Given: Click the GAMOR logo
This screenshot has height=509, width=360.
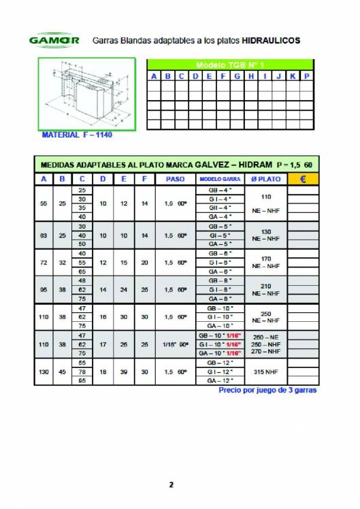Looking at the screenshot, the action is coord(54,40).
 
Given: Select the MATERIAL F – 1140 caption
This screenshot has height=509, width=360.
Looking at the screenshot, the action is coord(77,135).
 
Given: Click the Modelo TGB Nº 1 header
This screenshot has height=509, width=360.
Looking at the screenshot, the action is coord(230,64).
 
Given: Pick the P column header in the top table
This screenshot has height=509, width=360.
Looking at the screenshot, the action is coord(307,76).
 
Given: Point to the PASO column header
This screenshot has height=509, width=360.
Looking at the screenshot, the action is coord(175,179).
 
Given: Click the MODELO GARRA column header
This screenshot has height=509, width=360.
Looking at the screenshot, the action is coord(220,179).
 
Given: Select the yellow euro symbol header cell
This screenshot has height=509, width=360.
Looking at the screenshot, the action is coord(301,179).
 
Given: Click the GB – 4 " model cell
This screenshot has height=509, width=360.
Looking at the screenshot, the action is coord(220,190).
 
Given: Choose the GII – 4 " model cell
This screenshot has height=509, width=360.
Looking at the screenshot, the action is coord(220,208).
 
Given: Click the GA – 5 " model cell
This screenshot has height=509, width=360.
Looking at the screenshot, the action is coord(220,243).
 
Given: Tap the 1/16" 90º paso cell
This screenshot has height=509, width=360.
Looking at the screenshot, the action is coord(175,345).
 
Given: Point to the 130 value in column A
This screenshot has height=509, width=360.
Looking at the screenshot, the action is coord(44,372).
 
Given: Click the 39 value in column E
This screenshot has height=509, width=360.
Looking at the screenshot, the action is coord(124,372).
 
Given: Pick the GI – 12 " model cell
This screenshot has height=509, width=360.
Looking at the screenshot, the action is coord(220,372).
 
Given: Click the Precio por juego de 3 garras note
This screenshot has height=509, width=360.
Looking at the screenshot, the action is coord(267,391).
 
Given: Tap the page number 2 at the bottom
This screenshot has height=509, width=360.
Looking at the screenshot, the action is coord(171,485).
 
